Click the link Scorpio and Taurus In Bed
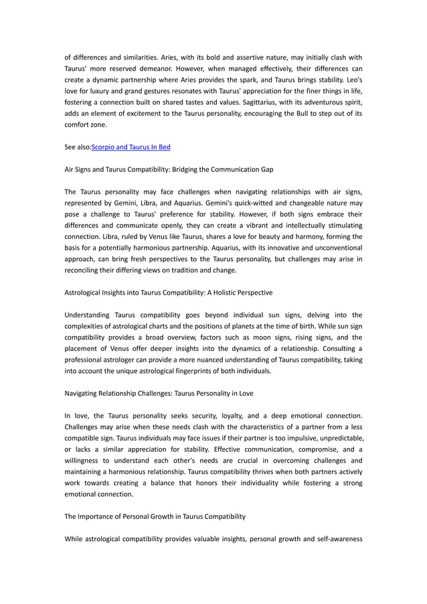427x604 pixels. tap(131, 147)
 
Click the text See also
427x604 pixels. tap(77, 147)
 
